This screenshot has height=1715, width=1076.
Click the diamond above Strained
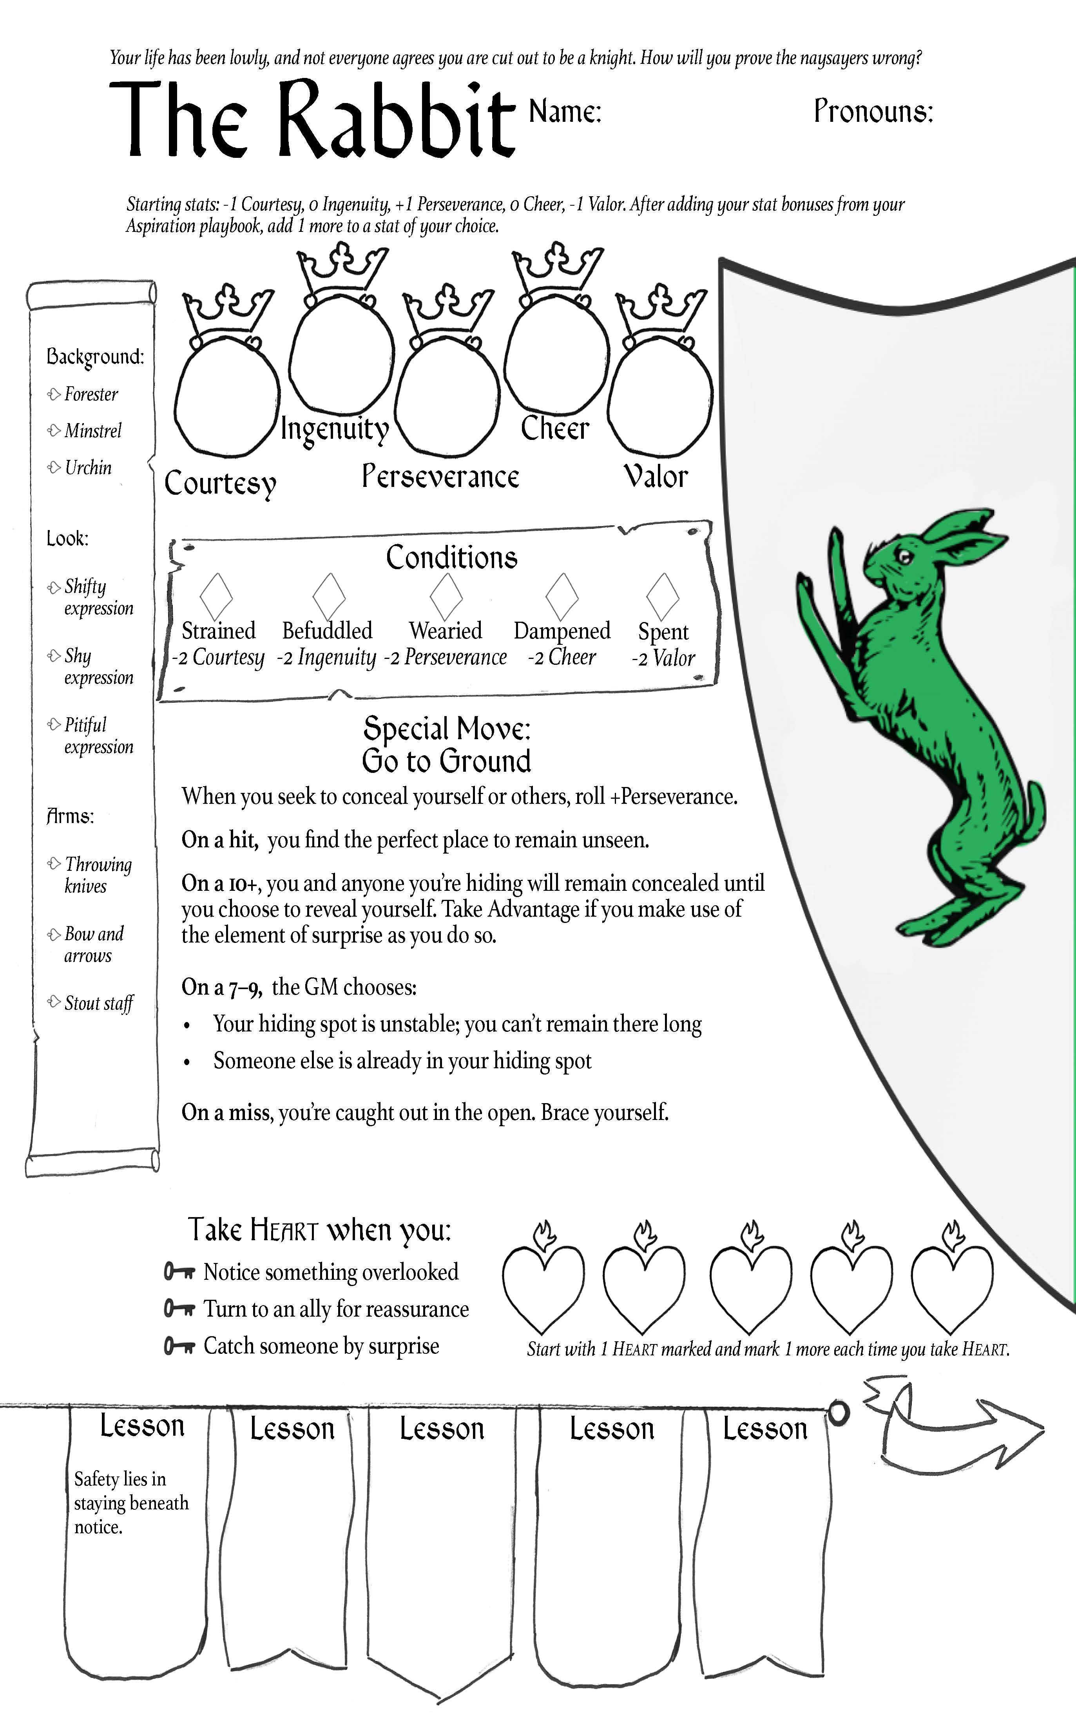pos(216,596)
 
